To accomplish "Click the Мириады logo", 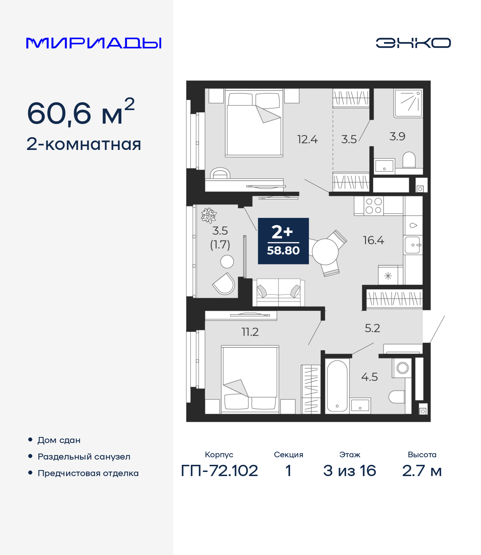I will tap(94, 43).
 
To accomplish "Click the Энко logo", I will tap(413, 43).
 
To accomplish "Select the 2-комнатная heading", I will tap(84, 144).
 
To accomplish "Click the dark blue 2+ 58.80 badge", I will tap(283, 241).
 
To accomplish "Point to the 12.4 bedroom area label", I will tap(307, 139).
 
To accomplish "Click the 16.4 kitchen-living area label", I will tap(373, 240).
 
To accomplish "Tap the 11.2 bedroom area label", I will tap(250, 332).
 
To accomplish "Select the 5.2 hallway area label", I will tap(372, 328).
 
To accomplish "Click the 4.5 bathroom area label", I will tap(369, 377).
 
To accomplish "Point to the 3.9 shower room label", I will tap(397, 136).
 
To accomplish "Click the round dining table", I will tap(325, 252).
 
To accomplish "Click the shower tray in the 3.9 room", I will tap(408, 103).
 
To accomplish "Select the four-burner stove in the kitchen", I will tap(374, 206).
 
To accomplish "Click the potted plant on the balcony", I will tap(209, 216).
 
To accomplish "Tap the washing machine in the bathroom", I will tap(402, 367).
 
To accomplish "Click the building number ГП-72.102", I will tap(219, 470).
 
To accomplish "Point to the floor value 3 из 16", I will tap(349, 470).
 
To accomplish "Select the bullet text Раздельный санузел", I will tap(84, 457).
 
